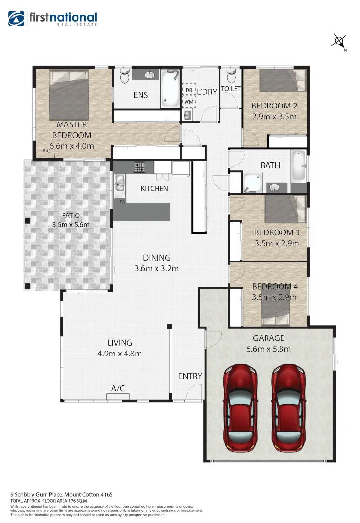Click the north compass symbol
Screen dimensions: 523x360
(x=339, y=41)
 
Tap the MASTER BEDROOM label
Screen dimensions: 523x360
(x=72, y=130)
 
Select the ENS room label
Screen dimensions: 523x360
(x=141, y=95)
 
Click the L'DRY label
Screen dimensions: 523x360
(x=206, y=91)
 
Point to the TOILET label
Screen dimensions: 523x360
(x=231, y=89)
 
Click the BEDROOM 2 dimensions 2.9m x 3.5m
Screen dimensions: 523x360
(x=274, y=116)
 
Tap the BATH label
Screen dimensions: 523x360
(x=270, y=165)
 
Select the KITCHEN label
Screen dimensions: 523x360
(x=155, y=188)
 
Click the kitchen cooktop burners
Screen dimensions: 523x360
(x=140, y=167)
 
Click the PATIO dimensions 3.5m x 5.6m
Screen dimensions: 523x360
(x=71, y=225)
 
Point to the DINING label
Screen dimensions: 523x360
(x=157, y=258)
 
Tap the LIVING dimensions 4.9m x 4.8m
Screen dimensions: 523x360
(x=120, y=354)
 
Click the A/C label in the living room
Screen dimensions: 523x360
(x=118, y=388)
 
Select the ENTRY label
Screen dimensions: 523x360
(x=190, y=376)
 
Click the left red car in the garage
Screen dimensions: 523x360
(x=241, y=407)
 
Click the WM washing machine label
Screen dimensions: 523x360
(x=188, y=102)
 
